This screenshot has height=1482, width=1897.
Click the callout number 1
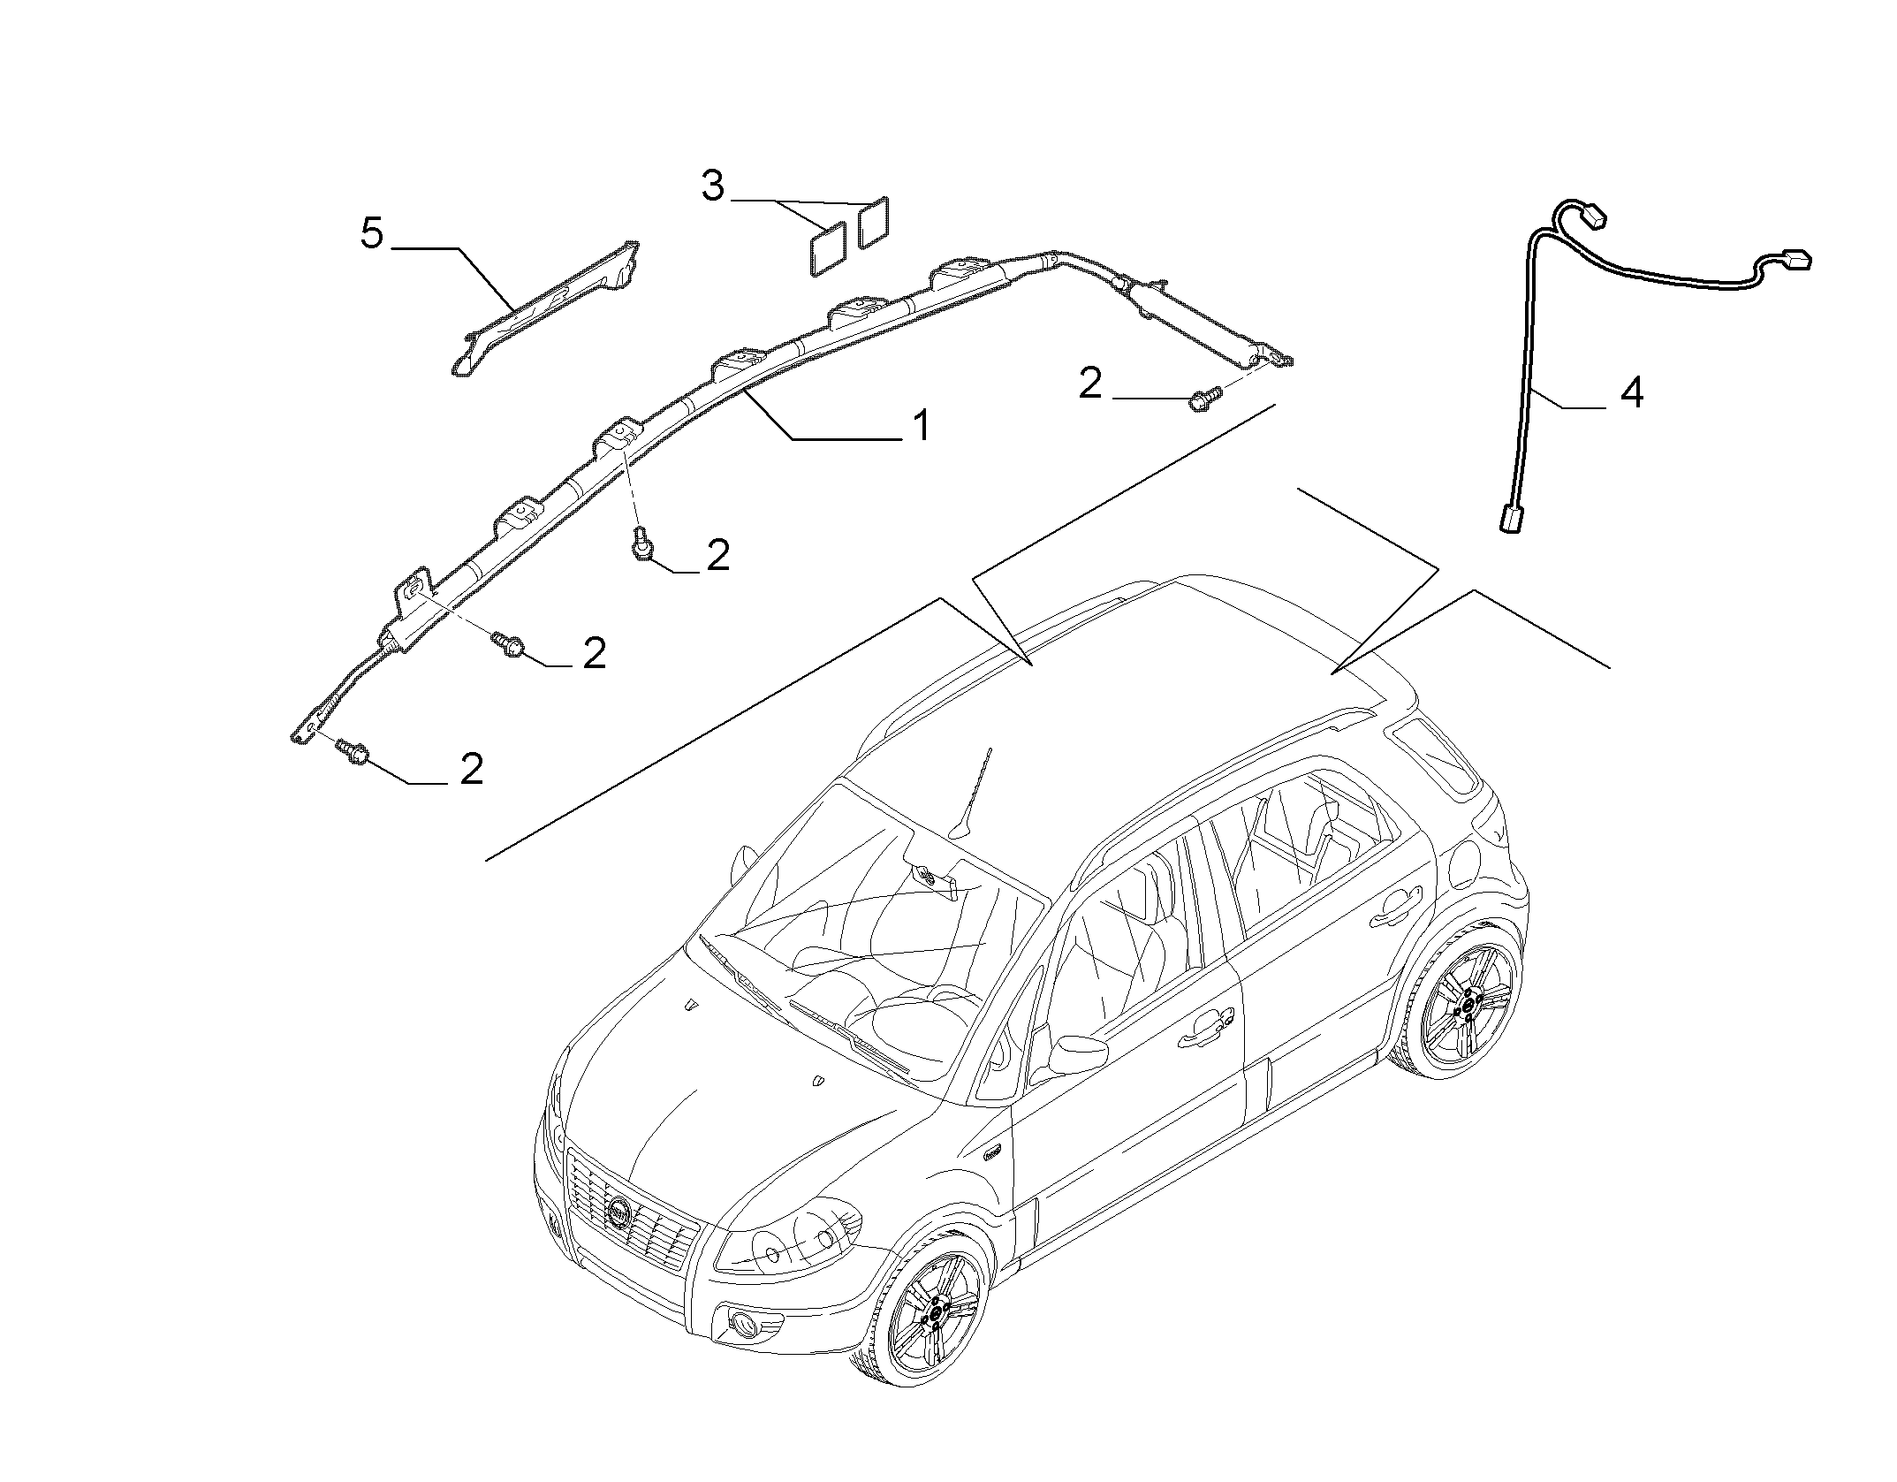tap(921, 426)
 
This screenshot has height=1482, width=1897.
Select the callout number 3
tap(712, 186)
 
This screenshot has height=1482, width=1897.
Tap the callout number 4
tap(1631, 392)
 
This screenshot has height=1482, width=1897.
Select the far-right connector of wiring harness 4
tap(1795, 258)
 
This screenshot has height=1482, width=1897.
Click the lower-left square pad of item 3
tap(829, 250)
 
